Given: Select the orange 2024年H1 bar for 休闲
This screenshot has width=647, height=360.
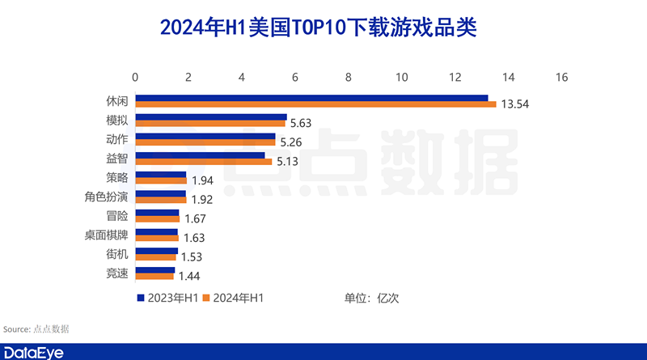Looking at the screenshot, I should click(315, 104).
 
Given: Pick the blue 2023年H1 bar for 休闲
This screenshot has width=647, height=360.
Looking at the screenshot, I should click(311, 98).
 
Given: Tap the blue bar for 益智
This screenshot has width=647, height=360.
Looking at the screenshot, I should click(200, 155).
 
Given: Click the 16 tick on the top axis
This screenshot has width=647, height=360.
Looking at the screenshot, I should click(561, 78).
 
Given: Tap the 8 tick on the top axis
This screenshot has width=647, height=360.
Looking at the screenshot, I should click(348, 78).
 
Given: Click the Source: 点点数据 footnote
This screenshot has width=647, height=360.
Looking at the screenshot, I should click(36, 329).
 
